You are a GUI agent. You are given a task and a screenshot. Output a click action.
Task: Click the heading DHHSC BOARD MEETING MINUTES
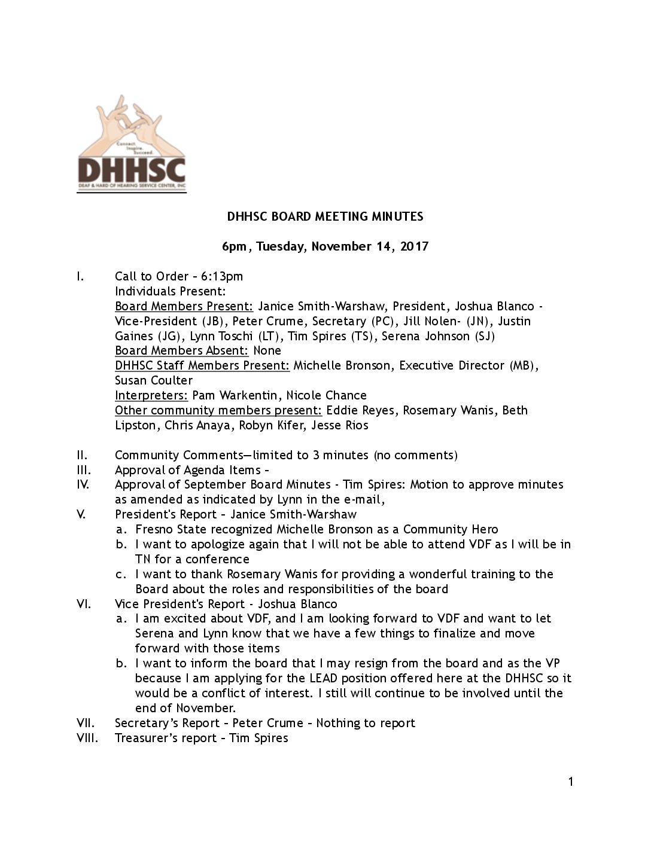click(325, 216)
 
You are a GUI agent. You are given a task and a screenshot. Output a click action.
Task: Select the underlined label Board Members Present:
click(184, 306)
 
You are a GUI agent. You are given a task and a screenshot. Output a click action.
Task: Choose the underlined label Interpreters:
click(151, 395)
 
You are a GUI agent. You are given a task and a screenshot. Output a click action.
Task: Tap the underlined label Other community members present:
click(218, 410)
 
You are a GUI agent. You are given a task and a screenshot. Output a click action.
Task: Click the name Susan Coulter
click(154, 380)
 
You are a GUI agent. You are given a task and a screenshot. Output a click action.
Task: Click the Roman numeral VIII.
click(87, 738)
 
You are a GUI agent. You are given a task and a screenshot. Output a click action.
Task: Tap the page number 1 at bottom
click(571, 782)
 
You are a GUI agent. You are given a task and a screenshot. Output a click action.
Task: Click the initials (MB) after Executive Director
click(522, 365)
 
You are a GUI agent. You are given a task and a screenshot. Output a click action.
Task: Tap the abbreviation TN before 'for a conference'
click(144, 559)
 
